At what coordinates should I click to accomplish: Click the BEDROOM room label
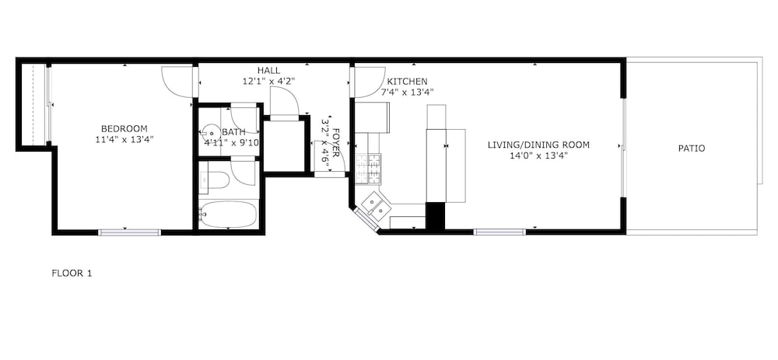124,128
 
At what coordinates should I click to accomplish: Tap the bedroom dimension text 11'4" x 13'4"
124,139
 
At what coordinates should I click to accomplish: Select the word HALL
268,71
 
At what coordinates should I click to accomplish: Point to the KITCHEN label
407,82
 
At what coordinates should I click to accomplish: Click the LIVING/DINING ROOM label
538,145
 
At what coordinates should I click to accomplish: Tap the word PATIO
692,149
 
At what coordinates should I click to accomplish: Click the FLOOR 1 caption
72,273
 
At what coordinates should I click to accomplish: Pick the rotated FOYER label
336,143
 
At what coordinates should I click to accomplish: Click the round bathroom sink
211,133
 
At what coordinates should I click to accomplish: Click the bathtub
229,214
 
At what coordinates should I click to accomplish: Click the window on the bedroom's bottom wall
129,232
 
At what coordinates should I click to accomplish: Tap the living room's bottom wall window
499,232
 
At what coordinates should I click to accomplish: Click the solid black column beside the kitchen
435,217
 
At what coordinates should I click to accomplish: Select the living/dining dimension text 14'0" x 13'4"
538,156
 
